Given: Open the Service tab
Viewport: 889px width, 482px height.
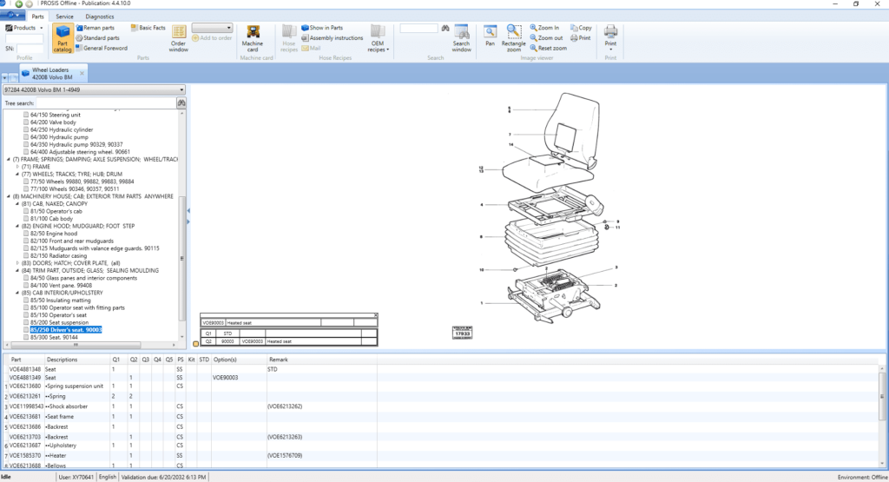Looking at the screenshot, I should [x=64, y=17].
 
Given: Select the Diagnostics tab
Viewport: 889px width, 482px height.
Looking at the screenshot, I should [x=100, y=17].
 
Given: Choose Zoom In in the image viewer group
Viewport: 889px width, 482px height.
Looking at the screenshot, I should [x=544, y=28].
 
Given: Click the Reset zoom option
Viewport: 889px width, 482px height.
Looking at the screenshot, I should [x=548, y=49].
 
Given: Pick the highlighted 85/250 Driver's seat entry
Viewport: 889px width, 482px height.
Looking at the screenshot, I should [x=66, y=330].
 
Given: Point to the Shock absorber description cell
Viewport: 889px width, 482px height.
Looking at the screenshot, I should [x=69, y=406].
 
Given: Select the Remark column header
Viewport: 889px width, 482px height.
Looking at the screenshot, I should [x=278, y=359].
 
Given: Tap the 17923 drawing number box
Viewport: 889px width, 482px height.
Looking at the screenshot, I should [x=463, y=333].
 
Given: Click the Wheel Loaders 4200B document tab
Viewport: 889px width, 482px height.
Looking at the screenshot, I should [x=52, y=72].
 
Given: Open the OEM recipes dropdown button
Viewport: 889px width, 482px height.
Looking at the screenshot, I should [x=377, y=38].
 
